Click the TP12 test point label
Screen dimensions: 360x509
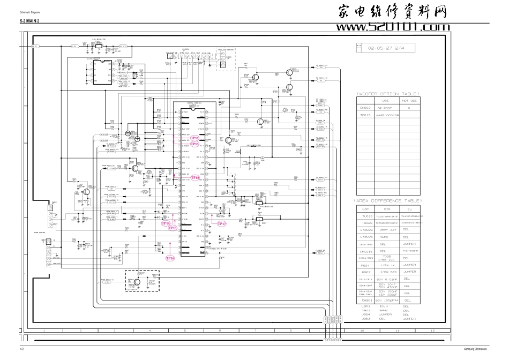194,138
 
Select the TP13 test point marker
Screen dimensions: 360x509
194,144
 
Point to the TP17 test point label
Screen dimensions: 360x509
221,223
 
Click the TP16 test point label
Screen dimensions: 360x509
170,258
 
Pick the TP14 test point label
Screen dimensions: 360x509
166,223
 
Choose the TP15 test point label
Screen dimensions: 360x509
173,228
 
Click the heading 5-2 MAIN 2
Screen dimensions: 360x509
31,20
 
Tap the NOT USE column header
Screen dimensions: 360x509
409,100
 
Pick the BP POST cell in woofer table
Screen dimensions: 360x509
385,108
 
